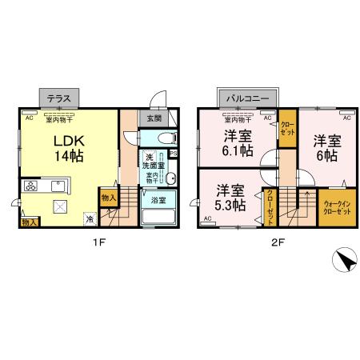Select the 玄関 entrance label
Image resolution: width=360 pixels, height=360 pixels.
tap(153, 118)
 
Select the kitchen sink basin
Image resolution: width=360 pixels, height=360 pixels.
tap(58, 186)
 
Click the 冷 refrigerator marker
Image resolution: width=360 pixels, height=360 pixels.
tap(90, 217)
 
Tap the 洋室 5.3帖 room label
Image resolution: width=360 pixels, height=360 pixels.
tap(230, 197)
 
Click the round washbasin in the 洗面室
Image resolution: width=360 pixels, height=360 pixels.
tap(170, 178)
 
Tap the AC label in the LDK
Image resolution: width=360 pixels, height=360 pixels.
tap(29, 118)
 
